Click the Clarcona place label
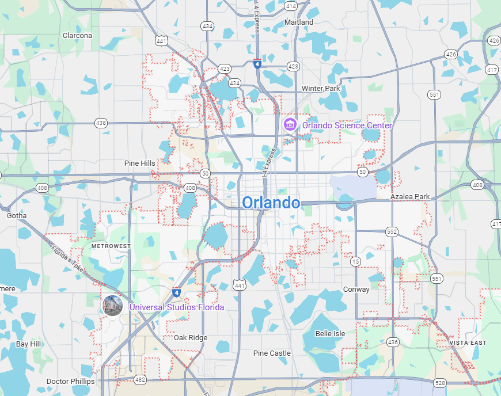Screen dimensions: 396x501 pos(77,35)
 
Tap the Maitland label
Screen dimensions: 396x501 pos(299,22)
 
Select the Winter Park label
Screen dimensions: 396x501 pos(321,88)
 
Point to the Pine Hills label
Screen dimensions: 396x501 pos(139,163)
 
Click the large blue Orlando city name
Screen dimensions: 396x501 pos(271,203)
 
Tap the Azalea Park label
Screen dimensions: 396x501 pos(410,196)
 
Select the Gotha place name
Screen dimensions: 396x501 pos(17,216)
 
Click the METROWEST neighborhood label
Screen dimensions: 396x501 pos(111,246)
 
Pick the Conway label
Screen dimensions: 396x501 pos(356,289)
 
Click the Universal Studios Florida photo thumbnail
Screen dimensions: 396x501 pos(112,305)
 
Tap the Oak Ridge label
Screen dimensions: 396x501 pos(190,338)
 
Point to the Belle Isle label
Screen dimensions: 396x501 pos(330,333)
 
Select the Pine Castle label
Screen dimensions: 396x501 pos(272,353)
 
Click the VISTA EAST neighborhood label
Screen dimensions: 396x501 pos(468,342)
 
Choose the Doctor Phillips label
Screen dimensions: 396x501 pos(70,381)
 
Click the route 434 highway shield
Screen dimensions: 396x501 pos(207,26)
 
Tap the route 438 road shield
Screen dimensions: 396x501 pos(101,123)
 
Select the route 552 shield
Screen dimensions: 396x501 pos(392,231)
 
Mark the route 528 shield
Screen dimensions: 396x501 pos(441,382)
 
